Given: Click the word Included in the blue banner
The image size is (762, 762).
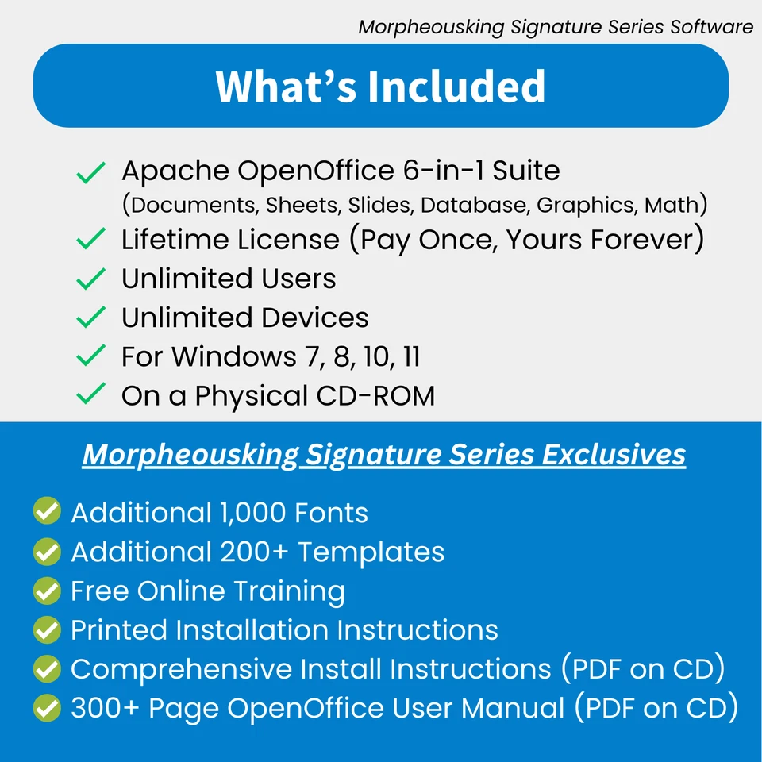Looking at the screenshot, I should (x=456, y=87).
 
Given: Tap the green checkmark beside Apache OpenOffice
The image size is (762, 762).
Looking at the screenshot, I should (x=91, y=172).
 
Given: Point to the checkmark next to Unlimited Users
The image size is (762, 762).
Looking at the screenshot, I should (x=91, y=279).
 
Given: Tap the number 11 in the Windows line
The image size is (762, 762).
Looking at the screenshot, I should (x=411, y=356).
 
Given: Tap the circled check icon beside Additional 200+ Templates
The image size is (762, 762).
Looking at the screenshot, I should (x=47, y=552).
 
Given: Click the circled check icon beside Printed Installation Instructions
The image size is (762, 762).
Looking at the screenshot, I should (x=47, y=630).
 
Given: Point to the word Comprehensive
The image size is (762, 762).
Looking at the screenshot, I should (x=182, y=669).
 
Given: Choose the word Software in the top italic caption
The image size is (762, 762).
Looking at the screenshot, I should (x=711, y=27).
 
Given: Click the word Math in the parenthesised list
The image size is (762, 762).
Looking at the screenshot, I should (x=672, y=205).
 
